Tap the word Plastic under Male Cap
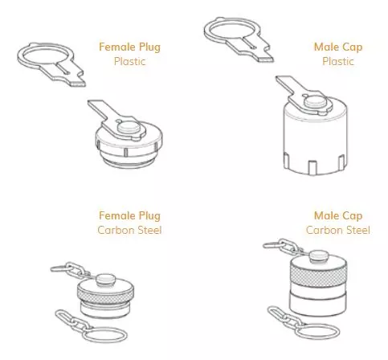click(x=338, y=61)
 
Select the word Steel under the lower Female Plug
click(x=148, y=230)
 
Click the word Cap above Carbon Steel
click(x=351, y=216)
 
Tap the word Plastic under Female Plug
click(x=129, y=61)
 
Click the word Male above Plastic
click(x=325, y=47)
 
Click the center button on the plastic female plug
click(x=129, y=127)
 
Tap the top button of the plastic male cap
click(x=316, y=102)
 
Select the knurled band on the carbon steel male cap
click(x=318, y=274)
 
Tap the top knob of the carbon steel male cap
click(x=319, y=256)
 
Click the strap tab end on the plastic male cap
click(x=284, y=81)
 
